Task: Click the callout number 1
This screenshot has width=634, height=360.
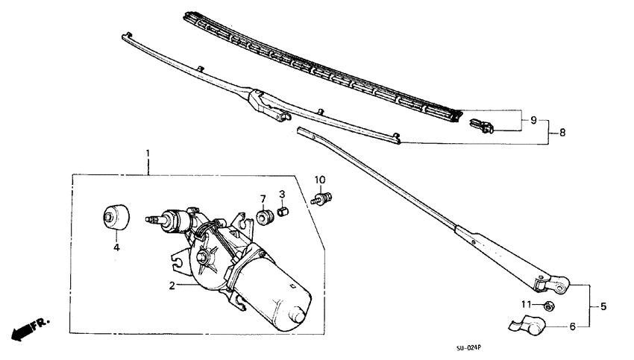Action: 148,154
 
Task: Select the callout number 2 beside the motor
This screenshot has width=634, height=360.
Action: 172,285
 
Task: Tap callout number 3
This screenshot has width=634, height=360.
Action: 282,194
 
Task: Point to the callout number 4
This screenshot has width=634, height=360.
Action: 116,247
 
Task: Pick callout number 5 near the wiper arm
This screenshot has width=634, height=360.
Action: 603,306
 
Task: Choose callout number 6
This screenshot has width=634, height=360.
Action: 572,326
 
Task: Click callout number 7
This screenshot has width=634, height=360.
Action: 263,199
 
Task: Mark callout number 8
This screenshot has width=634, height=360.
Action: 562,132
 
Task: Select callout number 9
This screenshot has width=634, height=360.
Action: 533,120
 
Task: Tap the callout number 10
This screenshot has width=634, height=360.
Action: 320,180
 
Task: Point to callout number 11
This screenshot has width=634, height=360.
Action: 526,304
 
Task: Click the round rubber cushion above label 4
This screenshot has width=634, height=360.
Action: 116,218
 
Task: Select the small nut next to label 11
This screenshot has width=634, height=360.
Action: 548,306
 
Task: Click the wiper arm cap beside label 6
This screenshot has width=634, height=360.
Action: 528,325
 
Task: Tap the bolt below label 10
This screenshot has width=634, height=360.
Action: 321,199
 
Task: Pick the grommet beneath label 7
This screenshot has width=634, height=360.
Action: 266,217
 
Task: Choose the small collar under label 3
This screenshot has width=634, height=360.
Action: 283,212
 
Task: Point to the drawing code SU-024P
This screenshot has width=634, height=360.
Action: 468,347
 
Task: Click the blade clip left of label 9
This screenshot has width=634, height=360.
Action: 482,126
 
